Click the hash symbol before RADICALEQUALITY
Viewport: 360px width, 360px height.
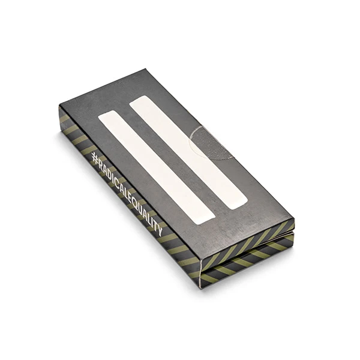pyautogui.click(x=95, y=158)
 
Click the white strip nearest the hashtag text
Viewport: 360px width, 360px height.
pyautogui.click(x=157, y=167)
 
